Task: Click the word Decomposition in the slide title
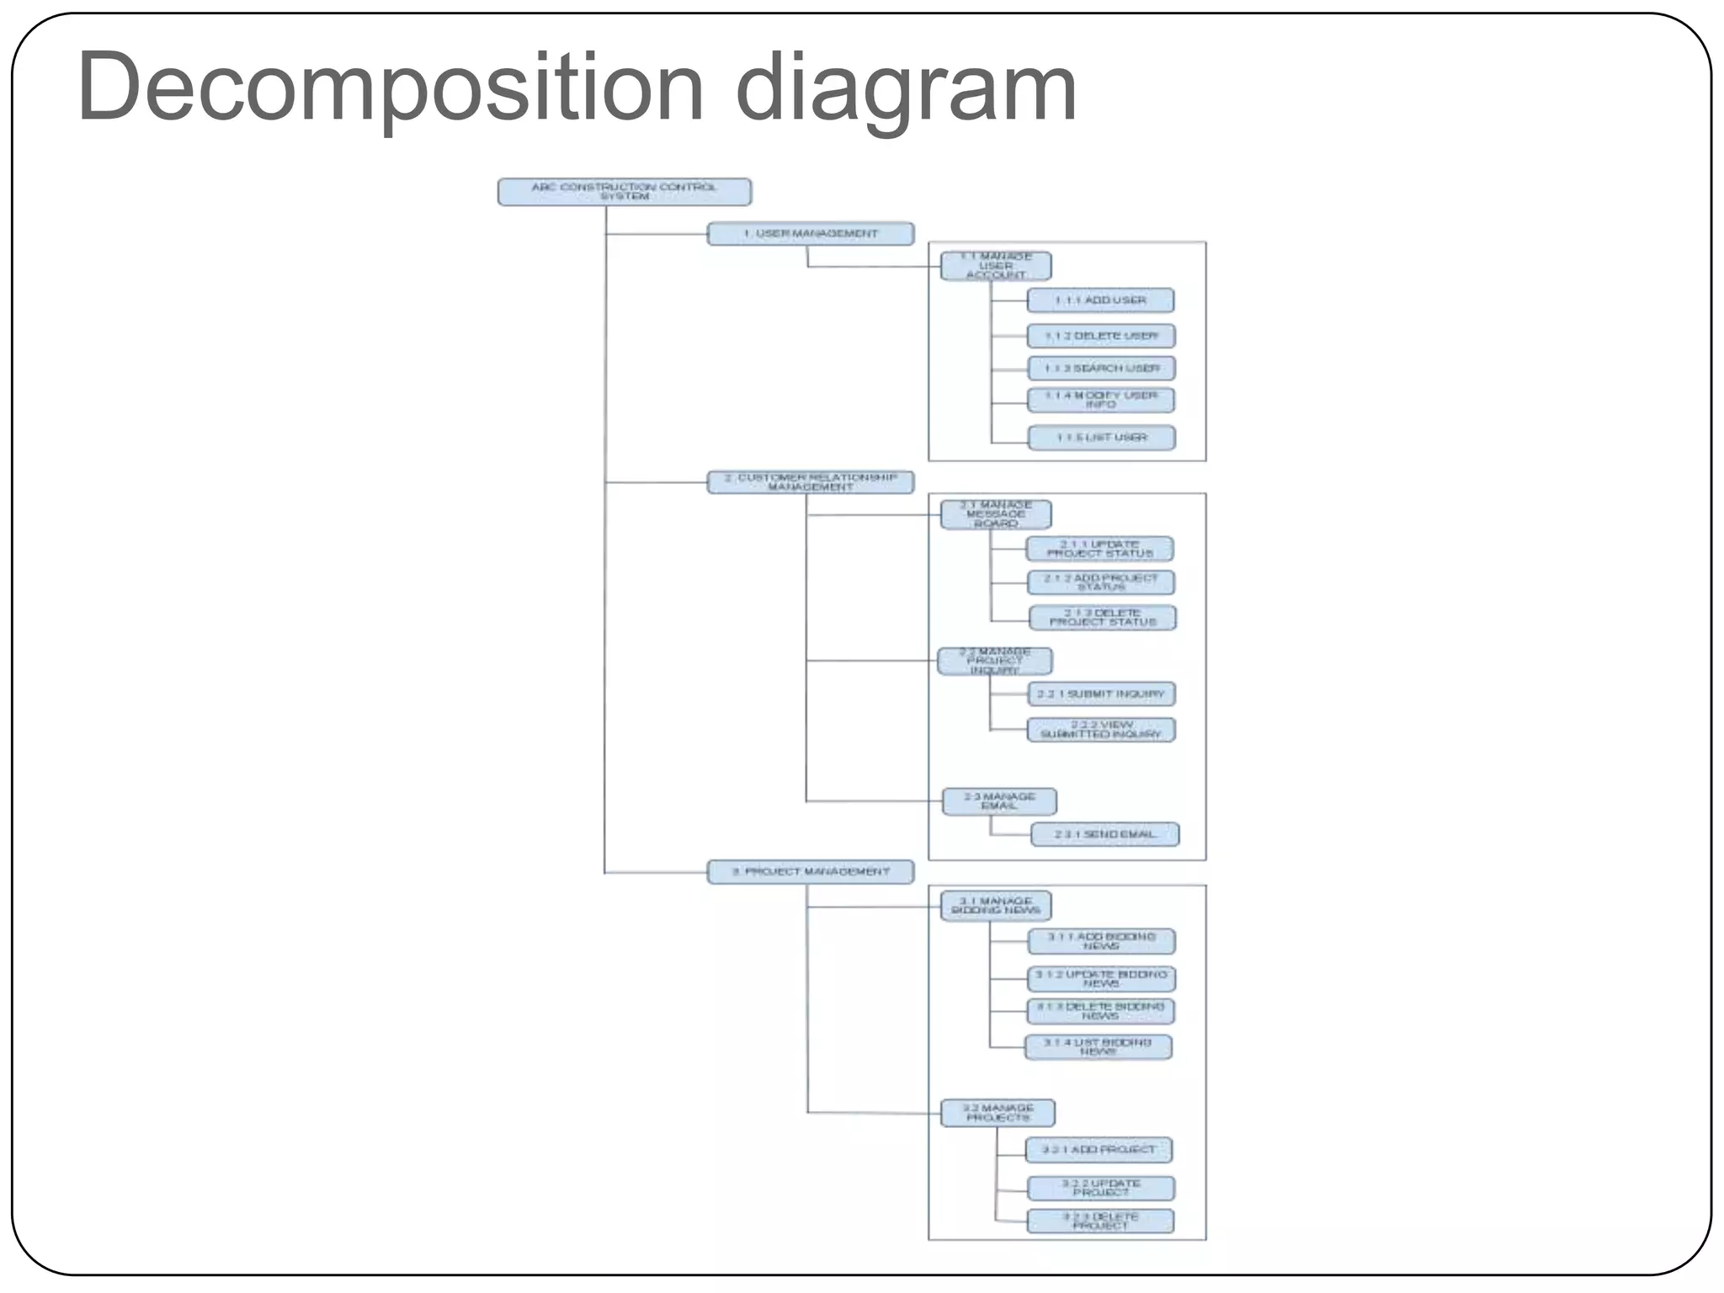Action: click(390, 88)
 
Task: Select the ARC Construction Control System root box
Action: click(624, 192)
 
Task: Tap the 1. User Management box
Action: click(810, 234)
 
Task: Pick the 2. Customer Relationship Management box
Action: click(810, 482)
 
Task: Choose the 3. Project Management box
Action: click(810, 872)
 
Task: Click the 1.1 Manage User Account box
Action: click(996, 266)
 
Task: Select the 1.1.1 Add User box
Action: click(1100, 301)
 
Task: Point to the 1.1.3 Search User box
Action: click(1101, 369)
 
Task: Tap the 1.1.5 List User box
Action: click(1101, 438)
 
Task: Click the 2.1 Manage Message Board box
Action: click(996, 514)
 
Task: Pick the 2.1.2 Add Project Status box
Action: click(1100, 583)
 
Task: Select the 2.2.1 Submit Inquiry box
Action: click(1100, 694)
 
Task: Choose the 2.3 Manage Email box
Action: click(999, 801)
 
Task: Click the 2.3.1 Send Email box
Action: click(1104, 834)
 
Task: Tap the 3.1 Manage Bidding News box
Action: click(996, 906)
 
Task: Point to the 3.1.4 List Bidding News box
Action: click(1098, 1047)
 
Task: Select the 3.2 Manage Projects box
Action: click(998, 1113)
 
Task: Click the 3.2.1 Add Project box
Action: click(1099, 1150)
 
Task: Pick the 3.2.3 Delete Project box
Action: click(1099, 1221)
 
